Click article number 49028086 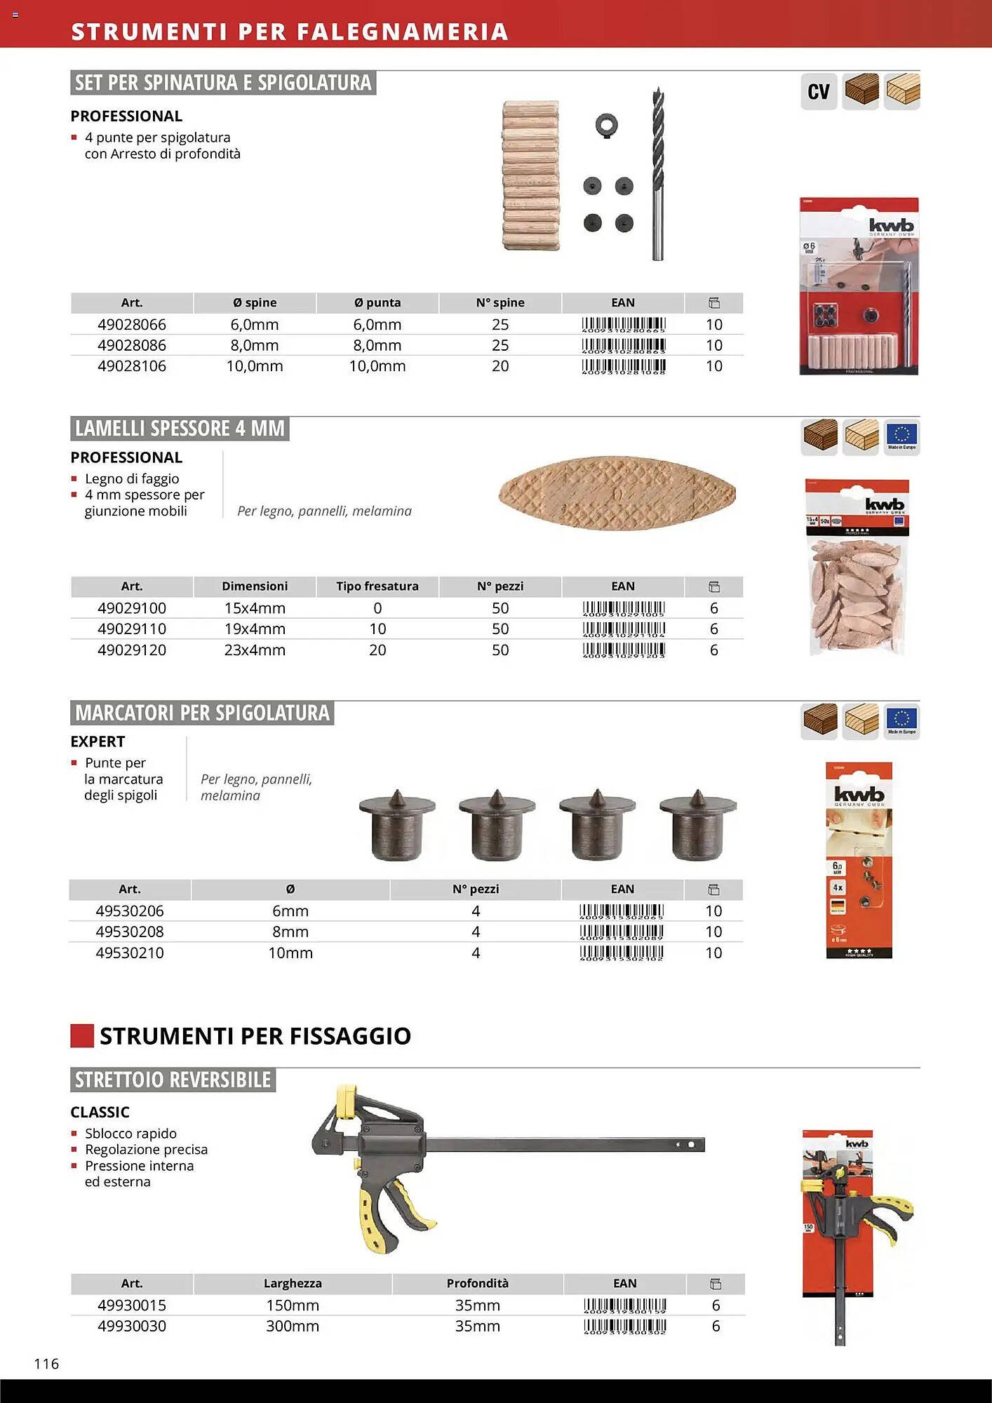coord(132,345)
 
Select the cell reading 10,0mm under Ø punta coord(377,366)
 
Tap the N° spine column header coord(500,303)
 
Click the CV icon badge coord(818,92)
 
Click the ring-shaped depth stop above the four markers coord(606,126)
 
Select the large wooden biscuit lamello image coord(617,492)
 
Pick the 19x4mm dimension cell coord(255,629)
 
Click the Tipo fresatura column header coord(377,586)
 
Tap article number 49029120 coord(132,650)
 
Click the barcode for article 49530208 coord(622,932)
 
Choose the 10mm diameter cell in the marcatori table coord(290,953)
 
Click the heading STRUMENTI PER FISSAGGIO coord(255,1036)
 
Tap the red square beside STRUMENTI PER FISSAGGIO coord(82,1036)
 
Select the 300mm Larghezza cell coord(293,1327)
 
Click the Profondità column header coord(478,1284)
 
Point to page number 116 coord(47,1364)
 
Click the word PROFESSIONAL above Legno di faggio coord(126,457)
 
